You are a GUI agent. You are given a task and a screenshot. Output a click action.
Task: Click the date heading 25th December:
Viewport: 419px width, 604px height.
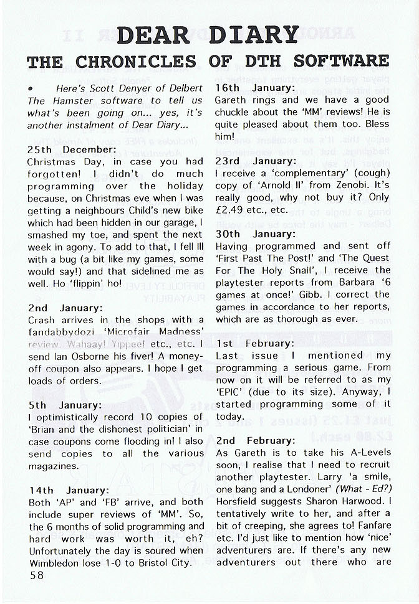coord(72,150)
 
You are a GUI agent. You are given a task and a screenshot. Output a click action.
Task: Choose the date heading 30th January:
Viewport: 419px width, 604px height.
coord(255,234)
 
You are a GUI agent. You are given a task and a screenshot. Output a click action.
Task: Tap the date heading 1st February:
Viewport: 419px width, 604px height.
coord(254,343)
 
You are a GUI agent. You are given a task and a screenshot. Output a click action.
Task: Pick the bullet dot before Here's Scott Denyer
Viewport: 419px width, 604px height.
coord(31,89)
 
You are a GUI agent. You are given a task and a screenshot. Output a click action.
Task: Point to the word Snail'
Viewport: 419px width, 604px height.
coord(318,271)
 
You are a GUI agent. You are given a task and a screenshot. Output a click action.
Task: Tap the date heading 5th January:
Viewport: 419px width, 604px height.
coord(64,405)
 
